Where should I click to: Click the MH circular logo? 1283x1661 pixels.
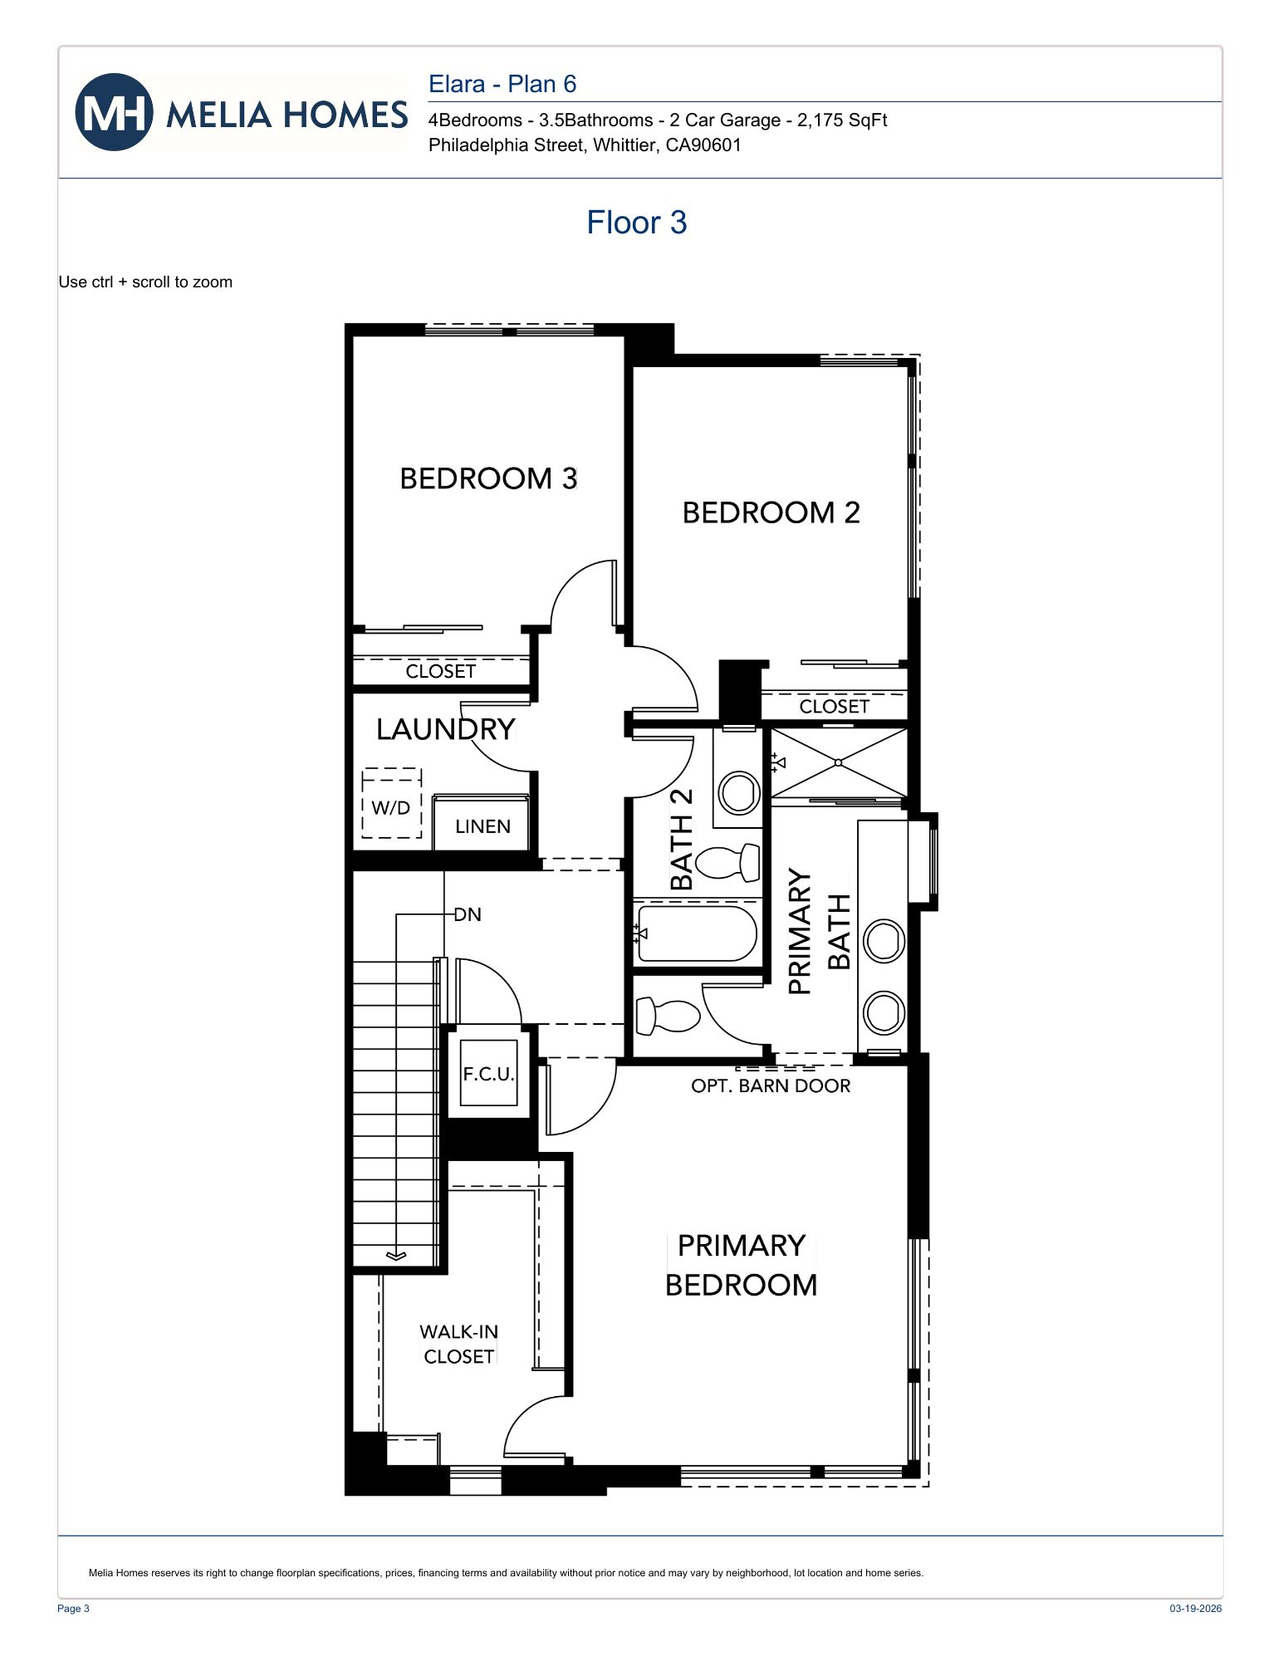(x=114, y=112)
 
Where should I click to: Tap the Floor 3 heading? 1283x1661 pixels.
(x=636, y=223)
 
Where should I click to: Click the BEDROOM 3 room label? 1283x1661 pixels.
(x=488, y=479)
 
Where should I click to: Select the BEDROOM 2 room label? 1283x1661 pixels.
(x=771, y=513)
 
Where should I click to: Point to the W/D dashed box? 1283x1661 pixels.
(x=391, y=803)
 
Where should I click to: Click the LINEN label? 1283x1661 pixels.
(x=482, y=827)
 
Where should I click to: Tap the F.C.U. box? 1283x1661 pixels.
(x=489, y=1073)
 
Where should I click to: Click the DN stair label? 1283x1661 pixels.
(x=468, y=915)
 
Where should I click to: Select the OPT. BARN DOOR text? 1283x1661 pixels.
(x=771, y=1086)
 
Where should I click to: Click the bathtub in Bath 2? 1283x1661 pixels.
(x=696, y=934)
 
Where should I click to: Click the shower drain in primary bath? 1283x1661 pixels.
(x=838, y=762)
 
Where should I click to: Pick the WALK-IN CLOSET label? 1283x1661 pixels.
(x=458, y=1345)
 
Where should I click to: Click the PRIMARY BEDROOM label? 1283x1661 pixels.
(x=741, y=1266)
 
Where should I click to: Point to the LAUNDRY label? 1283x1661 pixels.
(x=446, y=729)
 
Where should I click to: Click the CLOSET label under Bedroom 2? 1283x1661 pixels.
(x=834, y=707)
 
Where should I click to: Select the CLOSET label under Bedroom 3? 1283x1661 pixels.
(x=440, y=671)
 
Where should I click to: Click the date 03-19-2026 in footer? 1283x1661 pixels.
(x=1195, y=1609)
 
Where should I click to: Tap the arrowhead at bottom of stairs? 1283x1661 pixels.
(x=396, y=1256)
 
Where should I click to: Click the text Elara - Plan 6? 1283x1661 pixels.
(x=502, y=84)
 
